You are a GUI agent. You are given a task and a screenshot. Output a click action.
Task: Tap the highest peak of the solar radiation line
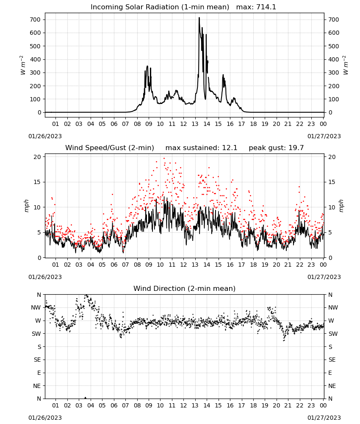pyautogui.click(x=199, y=18)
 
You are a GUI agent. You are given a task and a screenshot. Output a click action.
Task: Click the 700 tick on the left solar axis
pyautogui.click(x=35, y=20)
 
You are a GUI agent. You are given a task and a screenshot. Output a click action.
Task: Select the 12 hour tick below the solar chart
pyautogui.click(x=183, y=124)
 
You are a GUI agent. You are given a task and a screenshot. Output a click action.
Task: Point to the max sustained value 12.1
pyautogui.click(x=230, y=148)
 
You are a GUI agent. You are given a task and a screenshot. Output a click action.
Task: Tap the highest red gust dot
pyautogui.click(x=164, y=159)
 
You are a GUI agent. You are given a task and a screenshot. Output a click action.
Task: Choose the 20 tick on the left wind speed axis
pyautogui.click(x=38, y=157)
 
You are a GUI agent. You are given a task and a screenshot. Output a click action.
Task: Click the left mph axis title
pyautogui.click(x=26, y=206)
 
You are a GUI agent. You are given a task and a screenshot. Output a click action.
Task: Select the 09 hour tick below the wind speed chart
pyautogui.click(x=149, y=265)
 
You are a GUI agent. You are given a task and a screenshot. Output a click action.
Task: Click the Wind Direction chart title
pyautogui.click(x=185, y=288)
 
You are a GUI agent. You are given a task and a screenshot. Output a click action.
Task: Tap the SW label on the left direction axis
pyautogui.click(x=36, y=334)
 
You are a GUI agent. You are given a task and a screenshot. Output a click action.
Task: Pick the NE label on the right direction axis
pyautogui.click(x=332, y=386)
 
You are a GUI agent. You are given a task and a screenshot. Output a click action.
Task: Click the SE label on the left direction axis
pyautogui.click(x=37, y=360)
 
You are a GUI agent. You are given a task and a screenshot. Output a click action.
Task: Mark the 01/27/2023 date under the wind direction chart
pyautogui.click(x=324, y=418)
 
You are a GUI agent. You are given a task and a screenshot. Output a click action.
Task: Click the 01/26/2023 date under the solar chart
pyautogui.click(x=45, y=136)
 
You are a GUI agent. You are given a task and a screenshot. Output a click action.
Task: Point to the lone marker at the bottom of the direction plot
pyautogui.click(x=86, y=398)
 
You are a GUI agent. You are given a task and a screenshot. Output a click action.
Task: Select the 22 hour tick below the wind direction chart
pyautogui.click(x=299, y=405)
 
